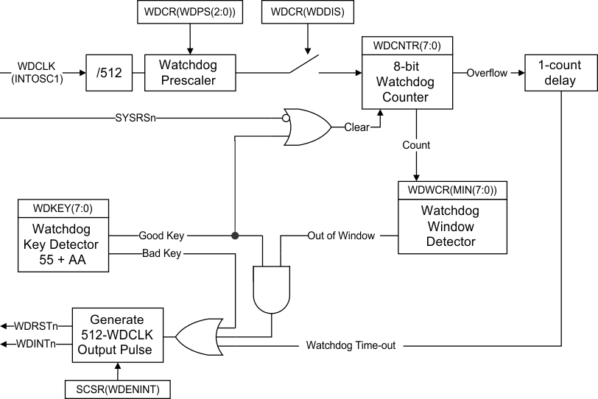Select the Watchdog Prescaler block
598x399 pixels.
(187, 73)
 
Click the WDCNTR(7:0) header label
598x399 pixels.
(407, 46)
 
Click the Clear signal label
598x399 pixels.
(356, 127)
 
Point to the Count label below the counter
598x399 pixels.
(416, 146)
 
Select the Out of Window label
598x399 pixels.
(341, 236)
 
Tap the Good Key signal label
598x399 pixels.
(161, 236)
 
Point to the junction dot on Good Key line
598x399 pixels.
(235, 236)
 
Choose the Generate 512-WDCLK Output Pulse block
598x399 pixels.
(116, 334)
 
